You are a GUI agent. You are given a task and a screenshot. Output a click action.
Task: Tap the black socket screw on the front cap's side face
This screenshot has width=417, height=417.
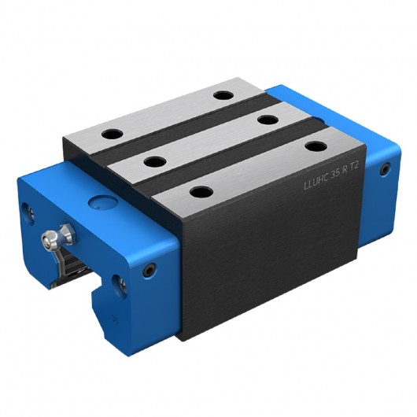[x=149, y=269]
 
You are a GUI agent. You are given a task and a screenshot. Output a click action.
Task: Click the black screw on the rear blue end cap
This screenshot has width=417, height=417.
[x=384, y=168]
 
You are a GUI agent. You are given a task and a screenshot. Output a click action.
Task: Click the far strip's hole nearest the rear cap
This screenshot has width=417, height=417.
[x=223, y=95]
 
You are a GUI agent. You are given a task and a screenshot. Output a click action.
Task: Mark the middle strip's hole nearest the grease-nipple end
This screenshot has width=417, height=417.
[x=154, y=162]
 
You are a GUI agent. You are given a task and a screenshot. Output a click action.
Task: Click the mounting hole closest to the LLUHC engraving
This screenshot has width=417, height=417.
[x=316, y=146]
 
